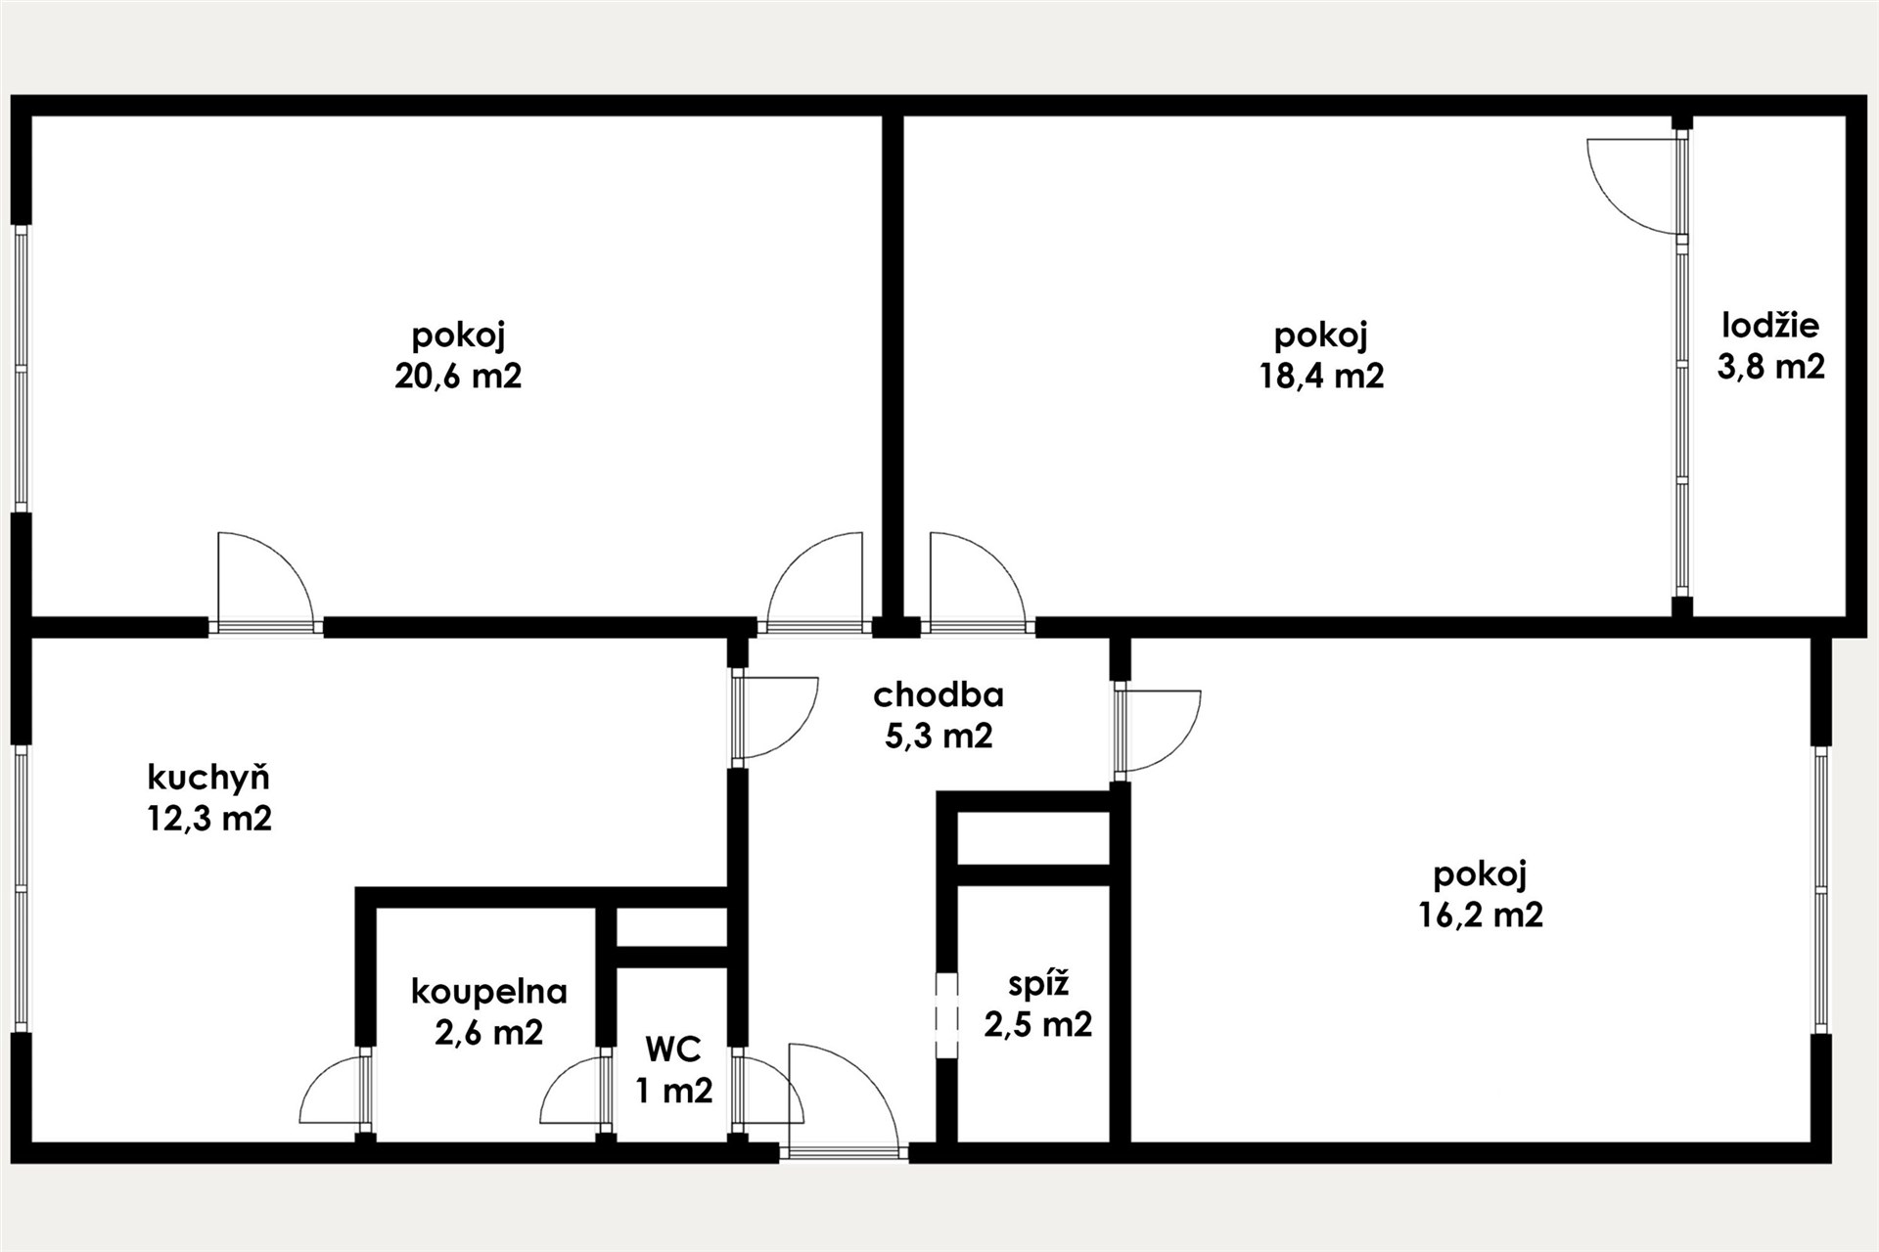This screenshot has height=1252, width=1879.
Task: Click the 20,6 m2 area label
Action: (458, 377)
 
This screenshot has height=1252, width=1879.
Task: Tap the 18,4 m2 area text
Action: (1321, 377)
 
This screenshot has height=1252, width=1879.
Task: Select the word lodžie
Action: (1770, 325)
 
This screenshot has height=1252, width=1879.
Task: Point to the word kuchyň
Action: (208, 777)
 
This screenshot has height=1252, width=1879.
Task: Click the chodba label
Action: (939, 694)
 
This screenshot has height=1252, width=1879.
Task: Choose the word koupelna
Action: (489, 992)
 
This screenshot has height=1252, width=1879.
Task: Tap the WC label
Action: (673, 1050)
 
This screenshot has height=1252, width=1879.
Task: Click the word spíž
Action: (1038, 984)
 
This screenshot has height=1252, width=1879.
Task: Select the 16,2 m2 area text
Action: (1481, 916)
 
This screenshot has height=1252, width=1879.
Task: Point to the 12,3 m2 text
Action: (209, 819)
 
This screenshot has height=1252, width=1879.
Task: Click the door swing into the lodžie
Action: (1633, 187)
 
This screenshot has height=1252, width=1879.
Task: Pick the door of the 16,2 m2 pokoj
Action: (1157, 731)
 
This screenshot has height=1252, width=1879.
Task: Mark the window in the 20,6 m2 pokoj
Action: (21, 369)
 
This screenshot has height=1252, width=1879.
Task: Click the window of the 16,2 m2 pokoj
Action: (1820, 889)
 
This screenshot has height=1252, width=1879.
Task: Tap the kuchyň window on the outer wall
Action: (21, 889)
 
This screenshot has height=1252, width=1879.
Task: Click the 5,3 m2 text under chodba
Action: (939, 736)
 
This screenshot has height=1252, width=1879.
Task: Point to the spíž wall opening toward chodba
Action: (945, 1015)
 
